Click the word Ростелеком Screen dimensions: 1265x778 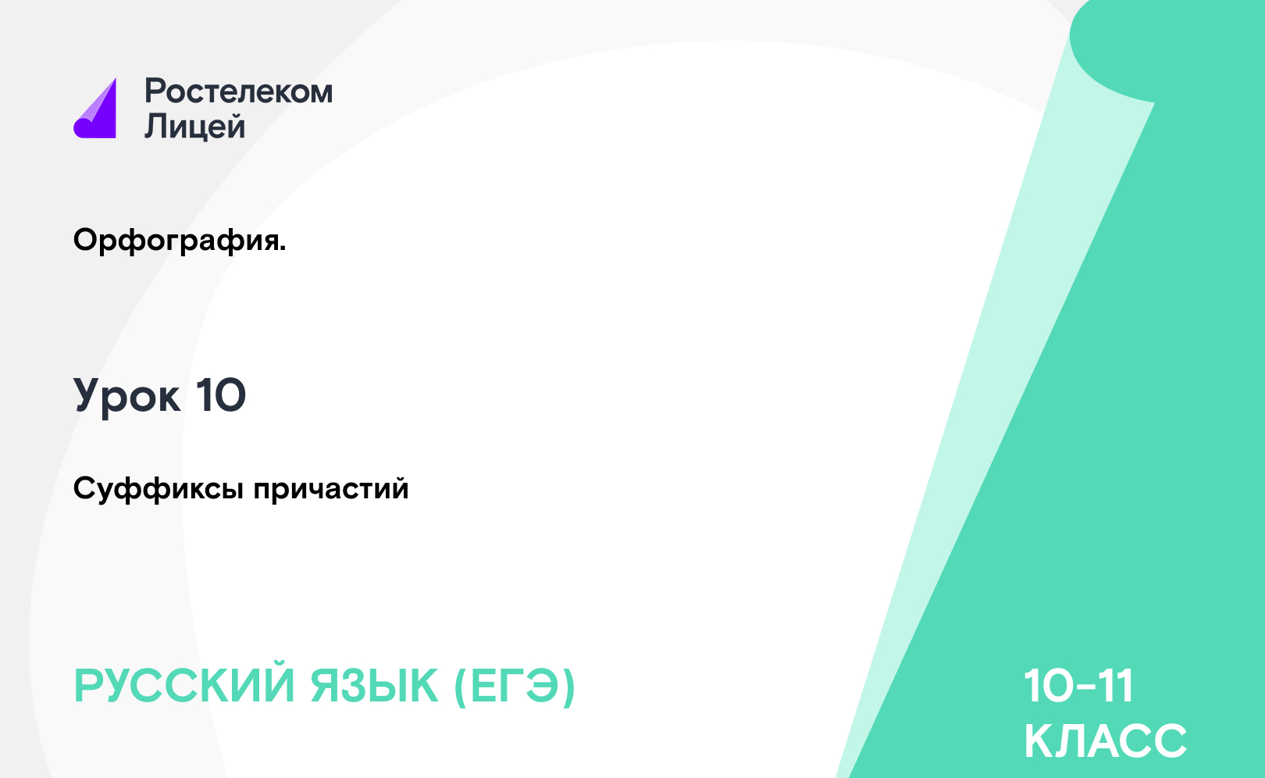tap(239, 91)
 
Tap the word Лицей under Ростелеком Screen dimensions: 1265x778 tap(195, 126)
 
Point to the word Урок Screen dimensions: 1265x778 tap(127, 395)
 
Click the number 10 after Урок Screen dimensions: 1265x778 tap(221, 395)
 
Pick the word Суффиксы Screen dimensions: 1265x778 tap(159, 488)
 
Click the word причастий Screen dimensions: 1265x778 tap(331, 489)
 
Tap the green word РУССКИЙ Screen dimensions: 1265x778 tap(184, 686)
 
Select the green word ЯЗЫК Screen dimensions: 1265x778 tap(374, 686)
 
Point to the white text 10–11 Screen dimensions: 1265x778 tap(1078, 686)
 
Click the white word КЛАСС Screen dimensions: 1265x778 tap(1106, 741)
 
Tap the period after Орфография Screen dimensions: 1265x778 tap(283, 248)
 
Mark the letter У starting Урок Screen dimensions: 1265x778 tap(91, 395)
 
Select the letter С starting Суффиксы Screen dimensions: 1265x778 tap(86, 488)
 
